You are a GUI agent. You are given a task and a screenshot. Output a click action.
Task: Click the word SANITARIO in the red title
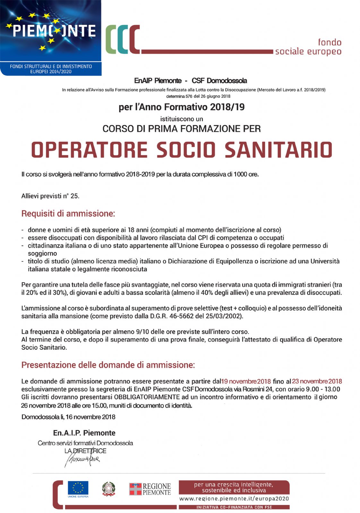(278, 150)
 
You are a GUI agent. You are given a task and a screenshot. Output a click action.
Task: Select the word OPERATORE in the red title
(89, 150)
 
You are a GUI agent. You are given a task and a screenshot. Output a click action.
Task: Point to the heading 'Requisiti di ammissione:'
(68, 214)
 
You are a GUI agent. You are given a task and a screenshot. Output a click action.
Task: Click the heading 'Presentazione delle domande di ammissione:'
(108, 365)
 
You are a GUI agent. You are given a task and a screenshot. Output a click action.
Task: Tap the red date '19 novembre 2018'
(246, 381)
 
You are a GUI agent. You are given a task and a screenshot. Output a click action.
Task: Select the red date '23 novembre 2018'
(317, 381)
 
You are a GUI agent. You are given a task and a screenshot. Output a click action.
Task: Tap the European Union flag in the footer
(78, 488)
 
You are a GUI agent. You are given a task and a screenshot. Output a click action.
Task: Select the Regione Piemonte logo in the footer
(150, 489)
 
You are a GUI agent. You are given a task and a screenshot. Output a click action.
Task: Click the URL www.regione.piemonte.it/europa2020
(234, 499)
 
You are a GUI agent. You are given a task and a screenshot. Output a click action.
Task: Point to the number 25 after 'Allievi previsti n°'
(74, 196)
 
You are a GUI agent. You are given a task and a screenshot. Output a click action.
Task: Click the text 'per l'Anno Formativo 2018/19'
(182, 107)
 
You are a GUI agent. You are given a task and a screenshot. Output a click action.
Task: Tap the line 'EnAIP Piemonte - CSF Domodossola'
(191, 80)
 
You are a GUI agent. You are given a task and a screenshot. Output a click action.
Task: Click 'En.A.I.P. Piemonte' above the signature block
(84, 433)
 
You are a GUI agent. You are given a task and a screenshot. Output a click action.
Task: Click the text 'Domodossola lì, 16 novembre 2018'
(68, 417)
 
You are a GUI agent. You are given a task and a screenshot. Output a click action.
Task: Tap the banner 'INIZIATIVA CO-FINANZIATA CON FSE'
(234, 507)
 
